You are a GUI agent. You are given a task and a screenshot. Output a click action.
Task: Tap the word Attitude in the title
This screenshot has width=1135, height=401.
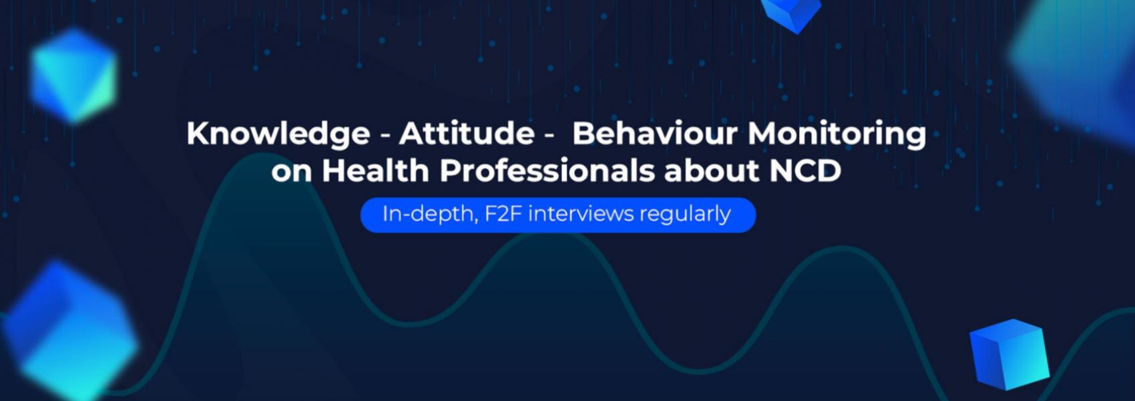point(467,133)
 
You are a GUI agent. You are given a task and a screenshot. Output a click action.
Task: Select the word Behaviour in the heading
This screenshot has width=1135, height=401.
point(655,133)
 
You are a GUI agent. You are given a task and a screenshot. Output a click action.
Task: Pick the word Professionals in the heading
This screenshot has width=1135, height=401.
point(547,170)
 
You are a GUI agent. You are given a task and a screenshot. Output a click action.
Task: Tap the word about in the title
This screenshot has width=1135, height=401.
point(712,170)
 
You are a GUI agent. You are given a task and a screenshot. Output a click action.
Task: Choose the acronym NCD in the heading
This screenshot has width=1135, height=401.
point(805,170)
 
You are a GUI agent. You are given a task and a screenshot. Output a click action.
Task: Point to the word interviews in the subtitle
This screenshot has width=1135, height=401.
point(581,213)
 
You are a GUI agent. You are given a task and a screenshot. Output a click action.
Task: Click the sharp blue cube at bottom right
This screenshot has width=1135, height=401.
point(1009,354)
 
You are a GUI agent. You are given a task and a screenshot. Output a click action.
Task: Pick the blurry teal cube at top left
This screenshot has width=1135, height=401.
point(74,76)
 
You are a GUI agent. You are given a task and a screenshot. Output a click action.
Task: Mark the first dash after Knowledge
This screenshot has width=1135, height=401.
point(385,136)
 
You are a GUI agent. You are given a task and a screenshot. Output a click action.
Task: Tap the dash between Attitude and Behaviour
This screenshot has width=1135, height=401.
point(549,136)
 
